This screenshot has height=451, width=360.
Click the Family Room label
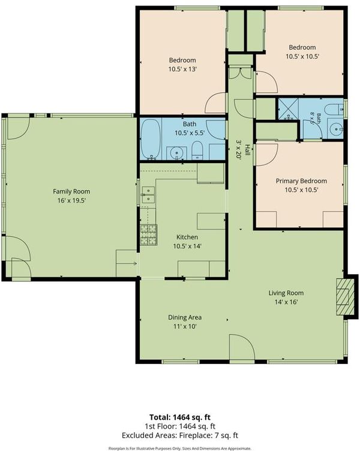coord(71,191)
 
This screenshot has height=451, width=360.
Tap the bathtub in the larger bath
coord(151,139)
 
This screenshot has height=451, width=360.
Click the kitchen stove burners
coord(148,234)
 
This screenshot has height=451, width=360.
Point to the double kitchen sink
coord(148,195)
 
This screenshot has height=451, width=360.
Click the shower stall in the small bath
coord(288,109)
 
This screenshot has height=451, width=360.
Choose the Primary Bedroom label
coord(301,181)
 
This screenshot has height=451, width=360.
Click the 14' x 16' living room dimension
coord(286,302)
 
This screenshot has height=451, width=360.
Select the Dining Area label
coord(185,317)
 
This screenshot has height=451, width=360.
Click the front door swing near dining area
coord(242,347)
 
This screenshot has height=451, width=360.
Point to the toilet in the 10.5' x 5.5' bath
coord(197,150)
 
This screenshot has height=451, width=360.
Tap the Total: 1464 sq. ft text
coord(180,417)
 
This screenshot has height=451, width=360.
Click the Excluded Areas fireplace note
coord(180,435)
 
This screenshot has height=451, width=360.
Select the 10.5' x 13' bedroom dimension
coord(182,70)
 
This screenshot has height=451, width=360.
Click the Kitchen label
coord(187,237)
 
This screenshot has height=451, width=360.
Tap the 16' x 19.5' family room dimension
coord(71,200)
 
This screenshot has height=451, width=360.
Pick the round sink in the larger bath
coord(175,154)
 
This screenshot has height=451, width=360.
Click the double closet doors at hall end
coord(240,73)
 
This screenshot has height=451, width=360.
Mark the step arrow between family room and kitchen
coord(131,263)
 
